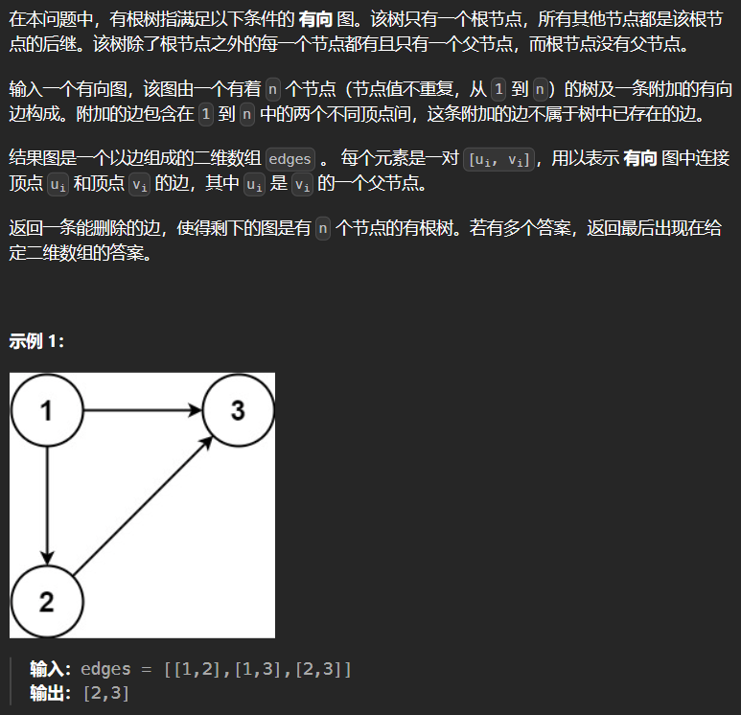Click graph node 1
click(x=47, y=410)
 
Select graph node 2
click(x=47, y=602)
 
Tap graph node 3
click(x=238, y=410)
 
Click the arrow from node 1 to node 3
click(x=142, y=410)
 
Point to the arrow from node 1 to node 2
click(x=47, y=506)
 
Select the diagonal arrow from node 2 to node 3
click(x=143, y=506)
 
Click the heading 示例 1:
click(x=36, y=340)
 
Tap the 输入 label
click(x=46, y=669)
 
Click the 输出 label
click(x=46, y=693)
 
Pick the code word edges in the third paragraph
click(x=289, y=159)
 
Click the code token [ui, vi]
click(x=498, y=159)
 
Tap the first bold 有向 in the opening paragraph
click(x=315, y=19)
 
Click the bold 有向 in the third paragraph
click(x=640, y=158)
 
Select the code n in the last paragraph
click(x=323, y=229)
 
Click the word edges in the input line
click(x=105, y=669)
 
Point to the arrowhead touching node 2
click(x=47, y=558)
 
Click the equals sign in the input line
click(x=147, y=670)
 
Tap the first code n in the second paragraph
click(x=272, y=89)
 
